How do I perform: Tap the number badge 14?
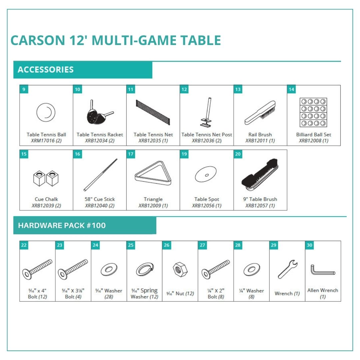pos(291,89)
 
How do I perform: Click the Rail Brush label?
pos(260,135)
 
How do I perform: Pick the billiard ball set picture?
pos(313,112)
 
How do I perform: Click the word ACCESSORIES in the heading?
pos(46,70)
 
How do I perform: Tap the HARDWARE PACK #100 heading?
pos(62,225)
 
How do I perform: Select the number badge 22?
pos(24,245)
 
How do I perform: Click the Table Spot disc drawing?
pos(206,174)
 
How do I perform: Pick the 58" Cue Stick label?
pos(100,199)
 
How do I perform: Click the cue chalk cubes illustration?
pos(46,178)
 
